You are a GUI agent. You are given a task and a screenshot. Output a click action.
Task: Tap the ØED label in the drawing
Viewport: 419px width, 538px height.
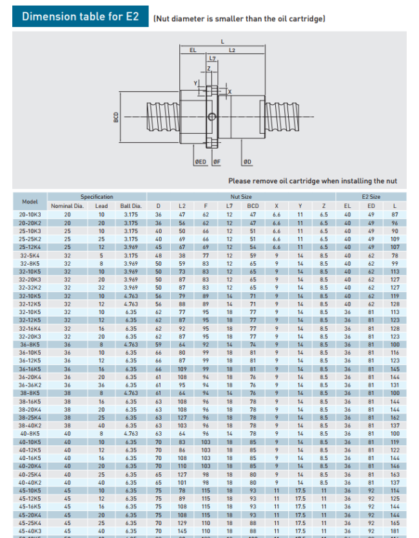201,162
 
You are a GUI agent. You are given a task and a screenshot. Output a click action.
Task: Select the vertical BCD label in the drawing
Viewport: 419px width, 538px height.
116,117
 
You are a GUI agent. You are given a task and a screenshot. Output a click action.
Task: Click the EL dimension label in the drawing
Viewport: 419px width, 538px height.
193,50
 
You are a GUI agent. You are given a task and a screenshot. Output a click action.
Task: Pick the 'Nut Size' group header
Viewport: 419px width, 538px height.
241,196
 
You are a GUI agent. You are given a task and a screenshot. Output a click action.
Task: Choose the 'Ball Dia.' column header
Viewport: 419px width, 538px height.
131,206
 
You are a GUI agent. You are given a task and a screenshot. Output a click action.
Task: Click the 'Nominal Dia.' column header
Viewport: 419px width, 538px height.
67,206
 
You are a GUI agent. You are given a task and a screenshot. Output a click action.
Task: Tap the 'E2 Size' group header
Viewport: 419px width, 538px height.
371,196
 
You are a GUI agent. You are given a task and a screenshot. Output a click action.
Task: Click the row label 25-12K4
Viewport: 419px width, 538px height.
30,246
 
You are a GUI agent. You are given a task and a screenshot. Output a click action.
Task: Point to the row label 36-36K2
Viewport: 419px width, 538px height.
30,385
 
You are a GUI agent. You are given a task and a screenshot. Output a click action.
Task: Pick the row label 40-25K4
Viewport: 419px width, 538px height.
30,474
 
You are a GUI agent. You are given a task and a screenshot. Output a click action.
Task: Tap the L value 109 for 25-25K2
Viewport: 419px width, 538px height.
395,238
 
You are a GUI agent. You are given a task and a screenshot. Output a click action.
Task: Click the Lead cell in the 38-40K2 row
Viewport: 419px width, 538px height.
101,425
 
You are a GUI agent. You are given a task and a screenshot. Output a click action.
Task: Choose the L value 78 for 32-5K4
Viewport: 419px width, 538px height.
395,255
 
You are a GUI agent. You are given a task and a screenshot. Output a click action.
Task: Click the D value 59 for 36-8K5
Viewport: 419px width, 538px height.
158,344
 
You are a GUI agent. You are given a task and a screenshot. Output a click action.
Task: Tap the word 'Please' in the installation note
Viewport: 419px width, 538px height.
239,181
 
